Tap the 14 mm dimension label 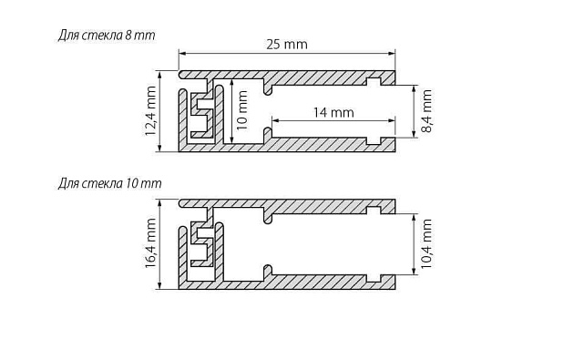pos(335,112)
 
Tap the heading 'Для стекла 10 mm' pos(108,183)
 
